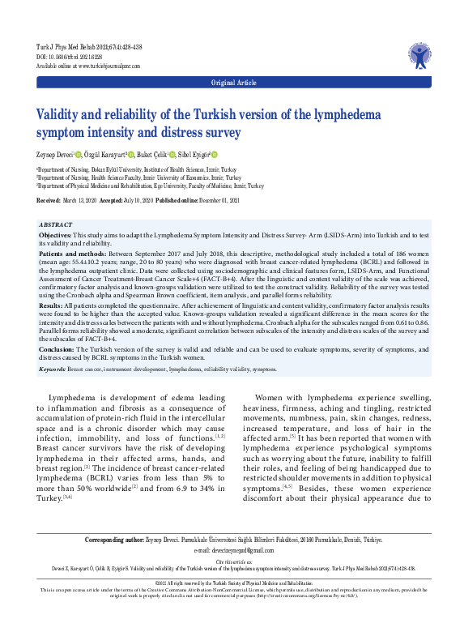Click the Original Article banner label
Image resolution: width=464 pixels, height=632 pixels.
coord(232,83)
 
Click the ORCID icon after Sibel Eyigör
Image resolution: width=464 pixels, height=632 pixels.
coord(215,153)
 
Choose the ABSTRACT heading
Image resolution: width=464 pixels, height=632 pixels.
coord(56,223)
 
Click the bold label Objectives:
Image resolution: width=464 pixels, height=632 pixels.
coord(55,233)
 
